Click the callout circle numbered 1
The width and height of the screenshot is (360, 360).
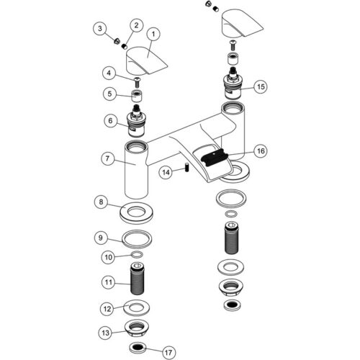coord(153,35)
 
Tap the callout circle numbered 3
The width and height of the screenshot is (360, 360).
coord(100,29)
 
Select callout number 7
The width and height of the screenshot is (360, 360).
coord(107,158)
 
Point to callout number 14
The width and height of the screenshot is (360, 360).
coord(166,172)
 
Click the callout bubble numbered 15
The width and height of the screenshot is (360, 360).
coord(261,86)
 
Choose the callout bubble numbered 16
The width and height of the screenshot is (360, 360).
coord(261,151)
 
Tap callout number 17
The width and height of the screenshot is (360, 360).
coord(168,352)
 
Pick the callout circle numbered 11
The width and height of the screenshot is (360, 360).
coord(109,282)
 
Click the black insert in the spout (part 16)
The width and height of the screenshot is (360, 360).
coord(214,157)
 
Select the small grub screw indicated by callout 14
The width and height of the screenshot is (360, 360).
coord(187,167)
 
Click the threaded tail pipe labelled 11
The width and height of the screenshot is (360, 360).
coord(138,279)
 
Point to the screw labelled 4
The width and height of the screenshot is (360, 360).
coord(138,82)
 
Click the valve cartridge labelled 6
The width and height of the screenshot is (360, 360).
coord(136,122)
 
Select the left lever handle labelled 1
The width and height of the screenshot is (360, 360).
coord(147,60)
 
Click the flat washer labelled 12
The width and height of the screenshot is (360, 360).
coord(137,307)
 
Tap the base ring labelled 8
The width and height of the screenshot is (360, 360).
coord(136,213)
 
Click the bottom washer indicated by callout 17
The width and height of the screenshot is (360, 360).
coord(138,348)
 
